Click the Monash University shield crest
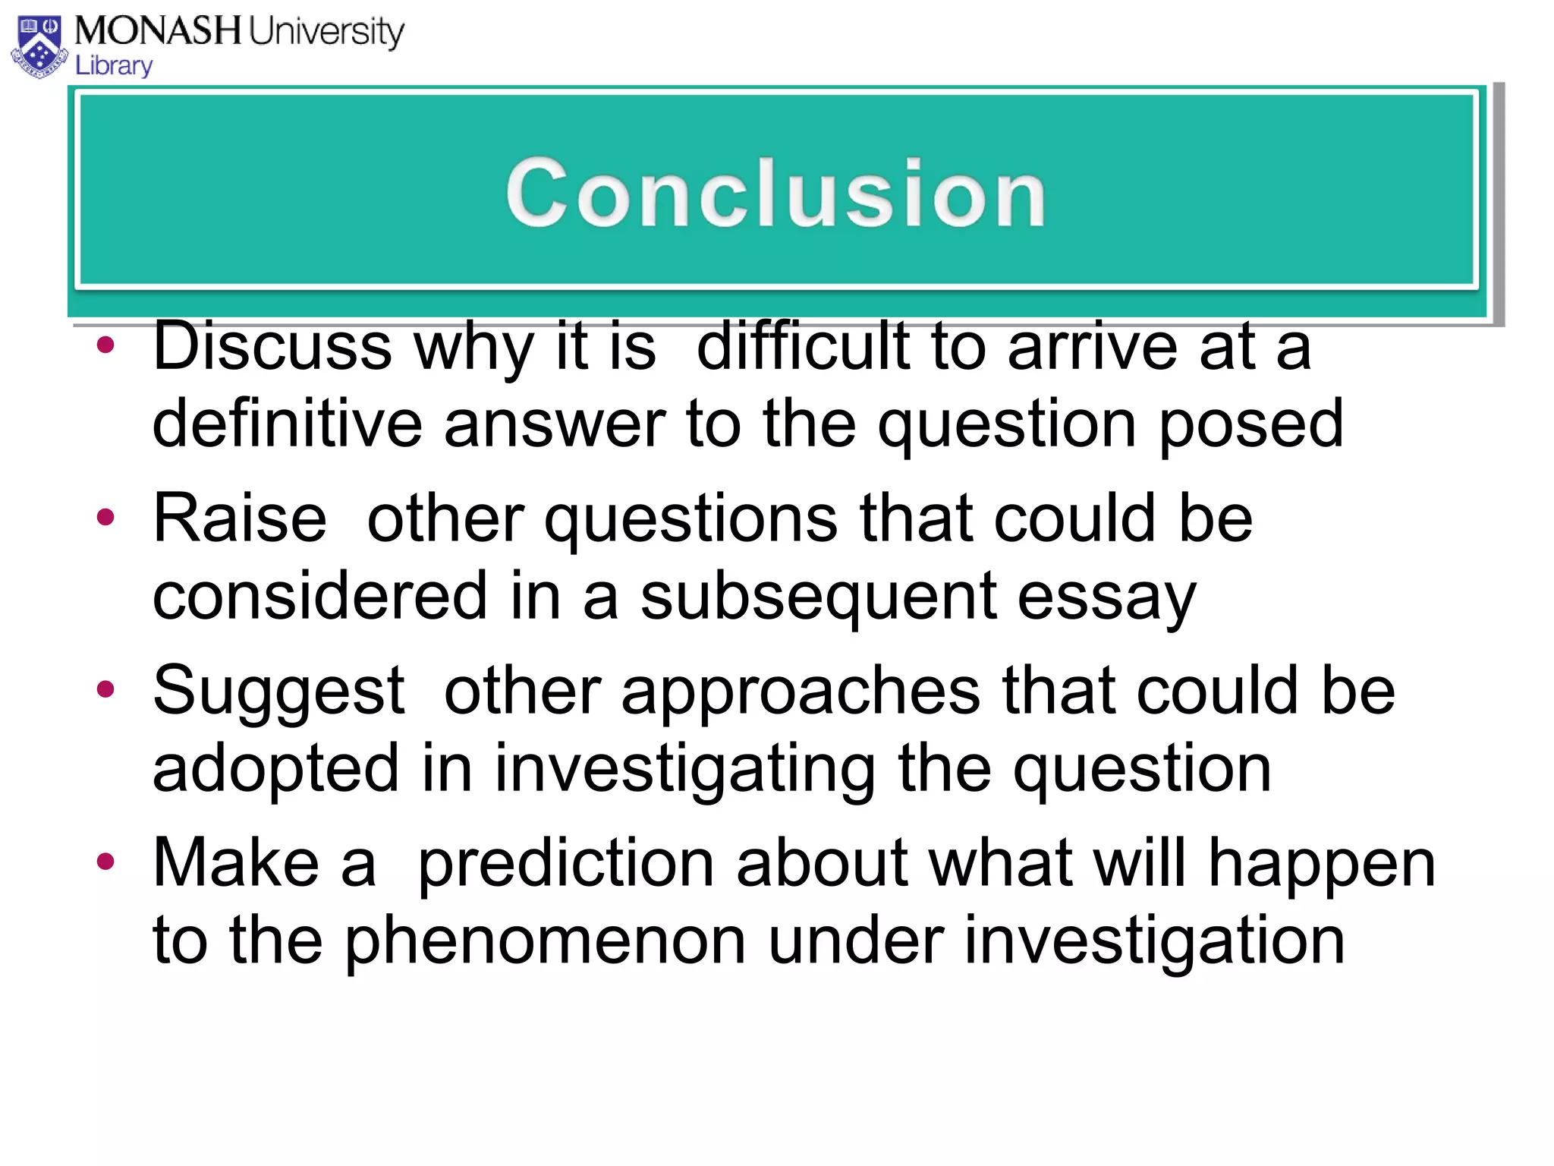click(39, 47)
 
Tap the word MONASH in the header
click(158, 31)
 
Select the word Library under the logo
click(114, 66)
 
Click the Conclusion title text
click(775, 193)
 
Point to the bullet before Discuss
click(105, 345)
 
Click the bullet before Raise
click(105, 518)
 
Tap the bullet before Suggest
click(105, 689)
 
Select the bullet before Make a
click(105, 862)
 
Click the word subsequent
click(817, 597)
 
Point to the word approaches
click(801, 692)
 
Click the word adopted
click(275, 768)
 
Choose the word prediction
click(565, 865)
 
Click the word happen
click(1321, 865)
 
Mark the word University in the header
click(326, 33)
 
